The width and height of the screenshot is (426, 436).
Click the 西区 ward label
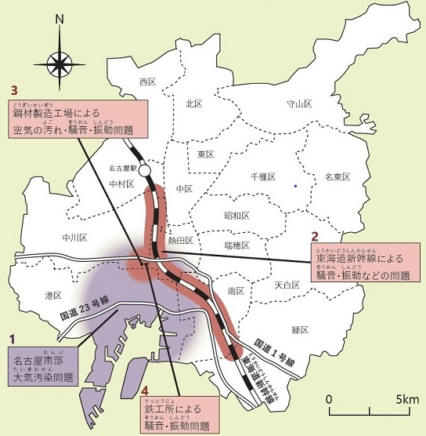(x=148, y=82)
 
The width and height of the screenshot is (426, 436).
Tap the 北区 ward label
(x=194, y=103)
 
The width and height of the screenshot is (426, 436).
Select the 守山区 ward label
(x=299, y=104)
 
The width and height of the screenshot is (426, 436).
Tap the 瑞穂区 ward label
(x=236, y=245)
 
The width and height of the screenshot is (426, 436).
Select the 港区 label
(x=54, y=296)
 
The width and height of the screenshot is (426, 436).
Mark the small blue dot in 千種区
(x=294, y=186)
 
